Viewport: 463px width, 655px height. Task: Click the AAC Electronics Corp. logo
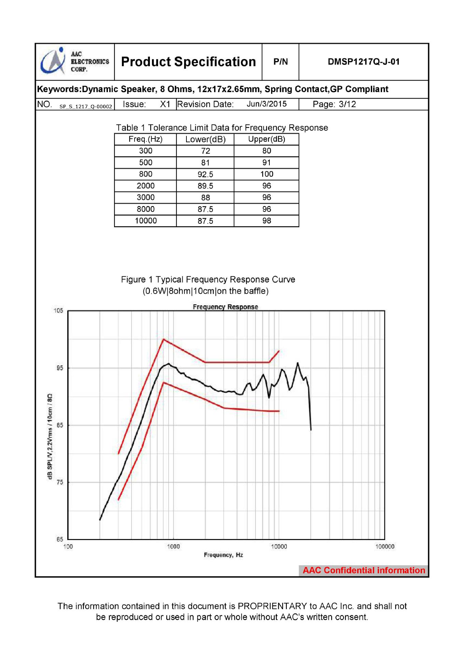click(75, 62)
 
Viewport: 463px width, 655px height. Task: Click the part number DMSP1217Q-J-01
click(363, 62)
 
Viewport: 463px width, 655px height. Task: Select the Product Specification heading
click(188, 62)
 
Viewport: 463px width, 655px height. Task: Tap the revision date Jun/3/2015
click(267, 104)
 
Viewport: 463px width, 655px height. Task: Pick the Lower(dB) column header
click(205, 139)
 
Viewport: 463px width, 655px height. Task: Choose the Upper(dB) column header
click(266, 139)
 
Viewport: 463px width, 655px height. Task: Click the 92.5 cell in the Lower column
click(205, 174)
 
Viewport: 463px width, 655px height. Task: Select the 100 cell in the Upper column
click(266, 174)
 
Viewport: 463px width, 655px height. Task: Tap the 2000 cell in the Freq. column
click(145, 186)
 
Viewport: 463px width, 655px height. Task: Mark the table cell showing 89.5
click(205, 186)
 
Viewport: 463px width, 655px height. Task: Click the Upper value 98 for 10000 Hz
click(266, 221)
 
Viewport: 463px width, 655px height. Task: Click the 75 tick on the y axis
click(59, 482)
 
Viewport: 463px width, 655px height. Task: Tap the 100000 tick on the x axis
click(384, 547)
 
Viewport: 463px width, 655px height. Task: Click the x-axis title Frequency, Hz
click(223, 555)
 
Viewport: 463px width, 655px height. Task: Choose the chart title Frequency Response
click(225, 307)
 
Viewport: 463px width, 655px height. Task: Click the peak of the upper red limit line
click(164, 339)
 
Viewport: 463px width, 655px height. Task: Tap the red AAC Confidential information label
click(364, 570)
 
